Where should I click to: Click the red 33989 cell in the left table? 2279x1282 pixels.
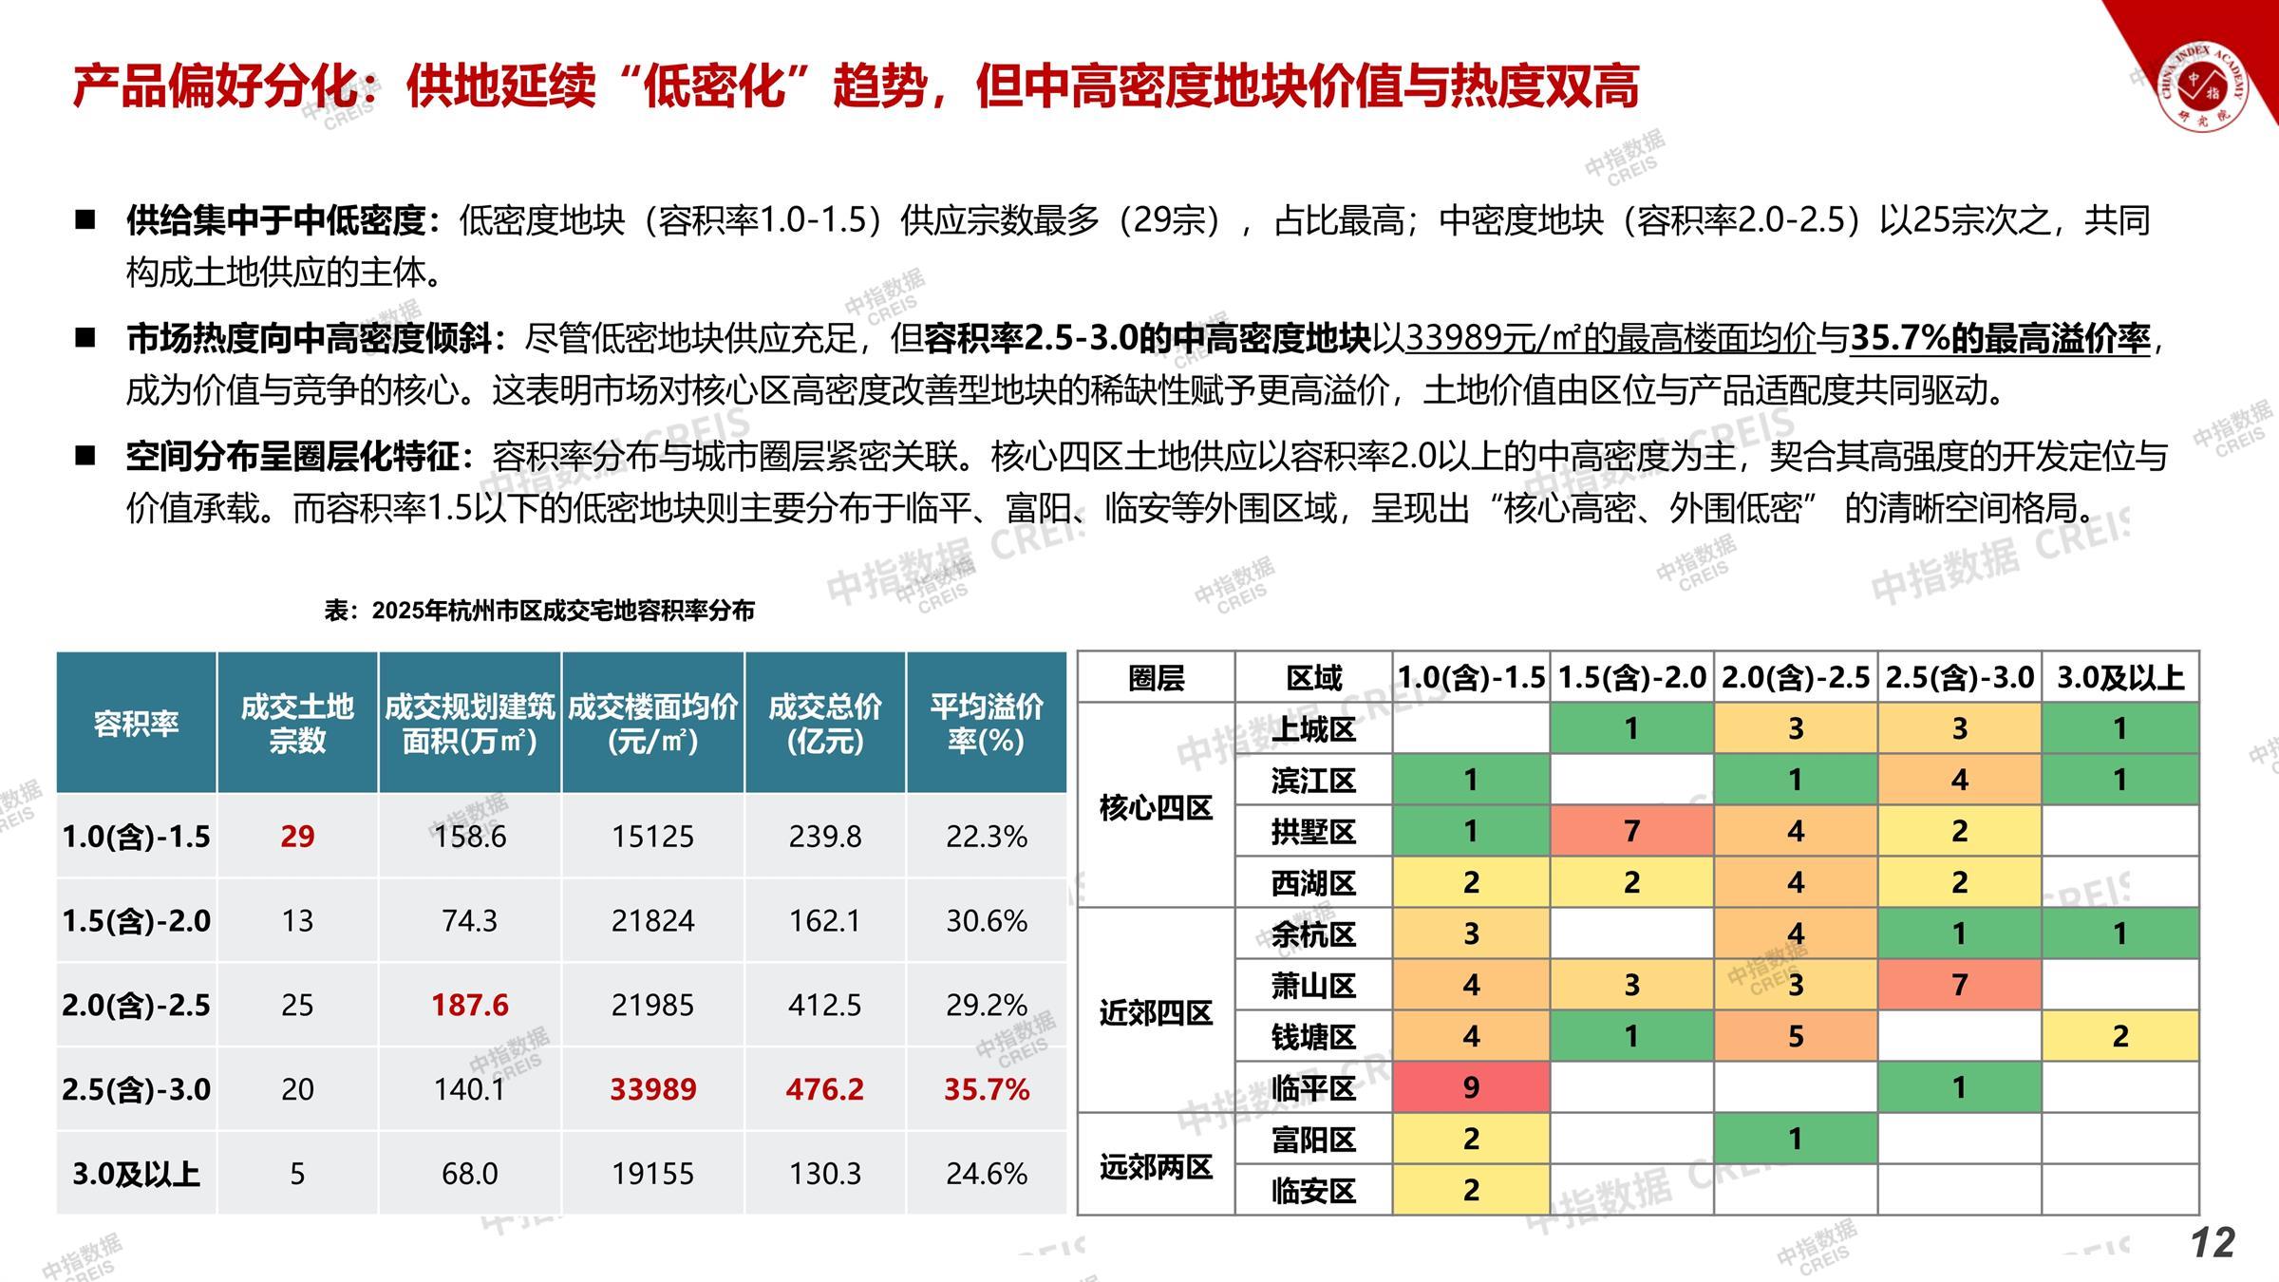tap(652, 1088)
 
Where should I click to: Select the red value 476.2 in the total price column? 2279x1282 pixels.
tap(824, 1088)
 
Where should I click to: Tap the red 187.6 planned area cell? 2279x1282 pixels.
tap(469, 1005)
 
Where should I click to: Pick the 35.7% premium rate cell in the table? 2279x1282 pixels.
tap(986, 1088)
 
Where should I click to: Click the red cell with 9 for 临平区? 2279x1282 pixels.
tap(1470, 1087)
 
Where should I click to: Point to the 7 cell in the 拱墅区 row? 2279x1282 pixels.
tap(1630, 832)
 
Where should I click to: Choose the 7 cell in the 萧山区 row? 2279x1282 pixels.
tap(1958, 985)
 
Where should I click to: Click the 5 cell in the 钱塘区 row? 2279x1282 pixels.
tap(1795, 1036)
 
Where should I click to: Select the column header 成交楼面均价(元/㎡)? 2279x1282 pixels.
tap(652, 723)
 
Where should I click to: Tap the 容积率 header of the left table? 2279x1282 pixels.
tap(136, 724)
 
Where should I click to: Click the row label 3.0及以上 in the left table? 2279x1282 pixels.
tap(136, 1174)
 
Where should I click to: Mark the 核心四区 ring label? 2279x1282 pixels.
tap(1156, 807)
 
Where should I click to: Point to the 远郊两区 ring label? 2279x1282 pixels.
tap(1156, 1165)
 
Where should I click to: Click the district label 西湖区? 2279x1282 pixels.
tap(1313, 883)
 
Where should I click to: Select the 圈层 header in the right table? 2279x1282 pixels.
tap(1156, 678)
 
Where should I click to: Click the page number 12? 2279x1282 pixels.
tap(2213, 1243)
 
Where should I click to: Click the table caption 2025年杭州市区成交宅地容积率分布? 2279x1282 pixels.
tap(539, 611)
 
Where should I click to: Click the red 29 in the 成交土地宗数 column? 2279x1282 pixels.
tap(297, 836)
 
